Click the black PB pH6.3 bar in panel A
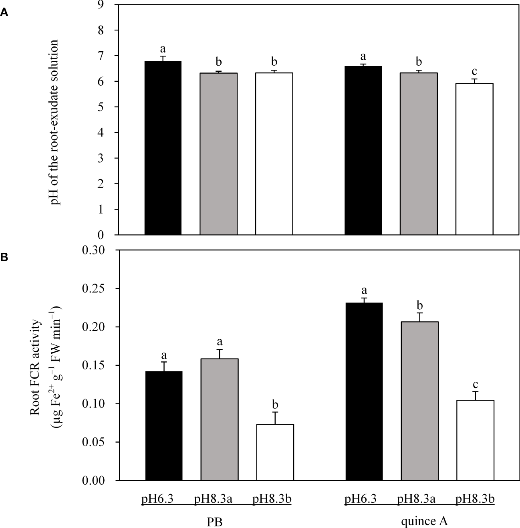(163, 148)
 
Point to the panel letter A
(4, 12)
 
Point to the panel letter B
(4, 258)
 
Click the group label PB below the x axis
(214, 522)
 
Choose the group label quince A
(424, 521)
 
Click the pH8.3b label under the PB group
(272, 500)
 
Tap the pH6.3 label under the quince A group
(361, 500)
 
